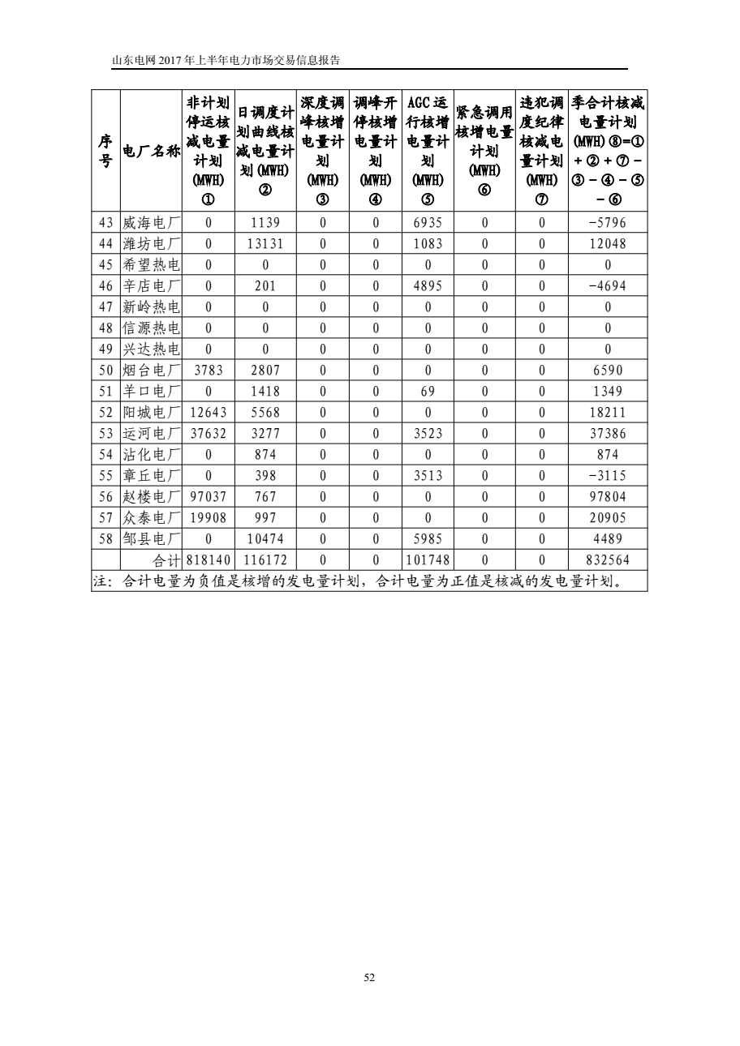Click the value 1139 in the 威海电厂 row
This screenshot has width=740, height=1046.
coord(265,223)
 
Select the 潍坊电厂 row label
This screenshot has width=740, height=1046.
coord(152,244)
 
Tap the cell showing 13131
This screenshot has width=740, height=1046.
coord(265,244)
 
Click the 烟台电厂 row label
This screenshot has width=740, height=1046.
coord(152,371)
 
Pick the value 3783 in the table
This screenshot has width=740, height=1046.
coord(209,371)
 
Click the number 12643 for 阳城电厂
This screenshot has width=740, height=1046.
coord(209,413)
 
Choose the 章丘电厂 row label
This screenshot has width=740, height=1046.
coord(152,476)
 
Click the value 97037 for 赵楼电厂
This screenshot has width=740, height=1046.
coord(209,497)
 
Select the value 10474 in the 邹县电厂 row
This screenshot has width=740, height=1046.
coord(265,539)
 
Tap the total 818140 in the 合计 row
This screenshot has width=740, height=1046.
coord(209,560)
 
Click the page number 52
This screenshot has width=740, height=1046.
coord(370,979)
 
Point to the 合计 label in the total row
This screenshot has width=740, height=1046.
coord(169,560)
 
